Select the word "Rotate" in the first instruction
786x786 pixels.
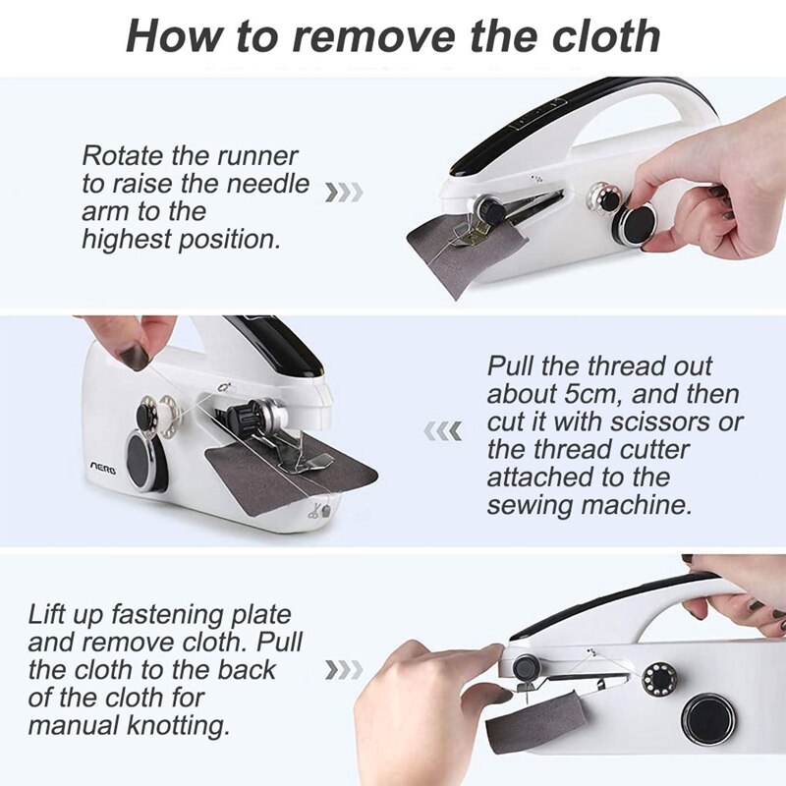[122, 155]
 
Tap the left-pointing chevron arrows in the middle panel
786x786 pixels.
[442, 430]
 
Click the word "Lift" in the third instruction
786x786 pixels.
[48, 615]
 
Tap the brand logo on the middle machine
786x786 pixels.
[103, 470]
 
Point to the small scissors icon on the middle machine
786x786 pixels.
[315, 510]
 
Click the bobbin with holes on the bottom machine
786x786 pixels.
[655, 678]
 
